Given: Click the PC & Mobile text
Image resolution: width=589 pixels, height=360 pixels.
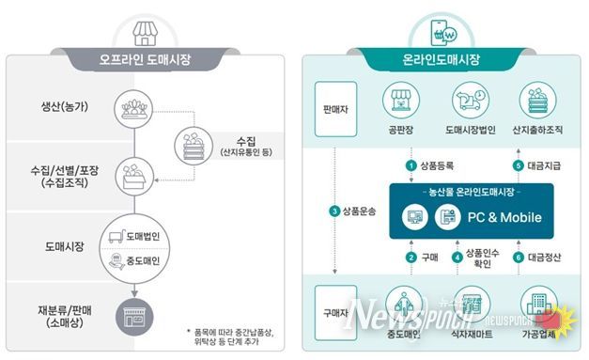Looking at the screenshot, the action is pos(497,217).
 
